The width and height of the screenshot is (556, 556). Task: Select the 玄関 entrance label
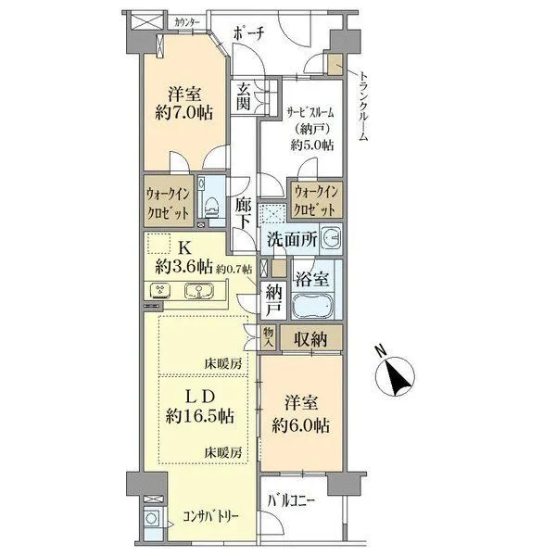click(244, 96)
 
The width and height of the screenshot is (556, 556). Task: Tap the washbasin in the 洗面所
click(331, 239)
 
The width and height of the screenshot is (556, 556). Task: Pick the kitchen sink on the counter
click(199, 291)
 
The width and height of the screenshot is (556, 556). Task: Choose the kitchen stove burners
click(160, 290)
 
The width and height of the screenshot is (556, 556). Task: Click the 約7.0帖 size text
click(184, 113)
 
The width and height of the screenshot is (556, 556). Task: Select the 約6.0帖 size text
click(300, 424)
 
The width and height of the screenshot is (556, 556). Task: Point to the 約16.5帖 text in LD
click(199, 415)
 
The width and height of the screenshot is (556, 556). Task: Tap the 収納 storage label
click(310, 339)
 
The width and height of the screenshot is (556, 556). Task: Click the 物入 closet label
click(269, 337)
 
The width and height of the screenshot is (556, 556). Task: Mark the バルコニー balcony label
click(291, 501)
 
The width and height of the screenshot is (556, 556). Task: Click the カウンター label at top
click(187, 22)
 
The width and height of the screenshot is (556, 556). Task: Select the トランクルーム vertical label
click(362, 106)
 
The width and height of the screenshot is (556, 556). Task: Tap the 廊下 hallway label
click(244, 213)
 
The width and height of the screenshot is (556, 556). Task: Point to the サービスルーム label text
click(310, 113)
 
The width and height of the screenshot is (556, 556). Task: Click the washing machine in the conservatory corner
click(153, 519)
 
